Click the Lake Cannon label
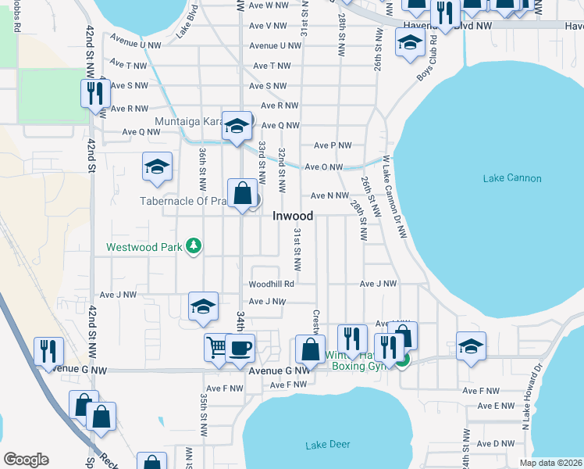(511, 178)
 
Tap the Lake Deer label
(327, 446)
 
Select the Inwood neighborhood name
(293, 217)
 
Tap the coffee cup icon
(240, 347)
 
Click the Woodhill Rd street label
(271, 285)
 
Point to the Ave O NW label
(324, 166)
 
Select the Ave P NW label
(333, 145)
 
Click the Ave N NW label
(329, 195)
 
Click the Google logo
(26, 459)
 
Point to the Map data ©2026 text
(551, 463)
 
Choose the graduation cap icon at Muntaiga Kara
(237, 125)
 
